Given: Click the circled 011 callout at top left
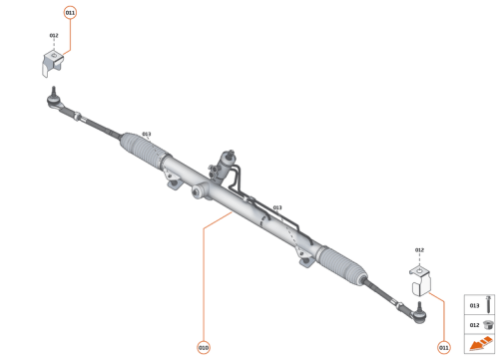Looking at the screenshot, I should [x=69, y=13].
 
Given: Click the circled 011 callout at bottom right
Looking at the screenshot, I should [x=443, y=347].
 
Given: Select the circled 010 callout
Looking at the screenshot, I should [x=204, y=347].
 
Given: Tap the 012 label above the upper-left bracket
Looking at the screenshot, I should [x=54, y=37].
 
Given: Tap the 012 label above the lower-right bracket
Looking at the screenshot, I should [x=419, y=249].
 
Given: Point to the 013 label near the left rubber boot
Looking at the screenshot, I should [x=146, y=134].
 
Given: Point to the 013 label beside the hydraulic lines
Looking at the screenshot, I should [x=276, y=207].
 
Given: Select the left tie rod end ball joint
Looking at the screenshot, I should [x=54, y=97].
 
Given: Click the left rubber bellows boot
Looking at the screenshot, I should [x=143, y=149].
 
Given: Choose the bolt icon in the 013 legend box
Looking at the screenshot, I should [x=488, y=305].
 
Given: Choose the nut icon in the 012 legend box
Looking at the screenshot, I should [x=488, y=325].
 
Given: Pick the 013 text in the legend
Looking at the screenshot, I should [x=474, y=305].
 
